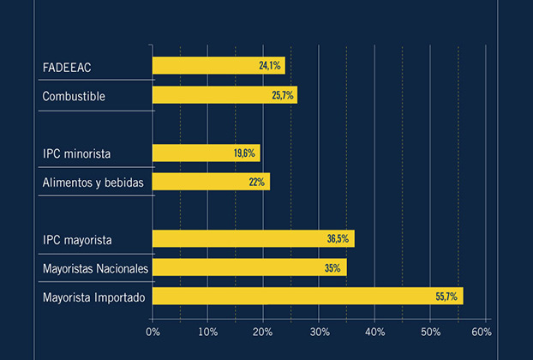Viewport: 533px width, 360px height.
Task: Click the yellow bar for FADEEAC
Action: pos(219,65)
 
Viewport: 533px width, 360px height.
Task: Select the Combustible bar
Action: pos(225,95)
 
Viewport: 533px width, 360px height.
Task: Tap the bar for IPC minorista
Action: pos(206,153)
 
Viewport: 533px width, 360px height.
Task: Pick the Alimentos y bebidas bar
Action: pos(211,182)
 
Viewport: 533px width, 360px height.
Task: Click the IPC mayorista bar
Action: pos(253,239)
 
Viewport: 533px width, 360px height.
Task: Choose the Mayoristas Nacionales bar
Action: pos(249,267)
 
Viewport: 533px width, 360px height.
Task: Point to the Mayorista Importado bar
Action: pos(307,297)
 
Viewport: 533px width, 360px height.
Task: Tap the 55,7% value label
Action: pos(447,297)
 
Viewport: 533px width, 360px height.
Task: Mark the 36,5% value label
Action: pos(338,239)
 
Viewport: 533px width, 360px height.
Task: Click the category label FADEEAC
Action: pos(67,67)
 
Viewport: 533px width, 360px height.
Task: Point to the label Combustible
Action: pos(74,96)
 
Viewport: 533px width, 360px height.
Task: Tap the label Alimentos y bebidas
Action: pos(93,182)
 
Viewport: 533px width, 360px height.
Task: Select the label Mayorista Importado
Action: pos(94,297)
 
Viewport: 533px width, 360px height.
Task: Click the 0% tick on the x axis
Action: pos(153,331)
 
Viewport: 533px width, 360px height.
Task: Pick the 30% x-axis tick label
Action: pos(318,331)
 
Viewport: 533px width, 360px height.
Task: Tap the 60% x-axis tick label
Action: pos(481,331)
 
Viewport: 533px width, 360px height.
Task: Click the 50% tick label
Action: pos(430,331)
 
